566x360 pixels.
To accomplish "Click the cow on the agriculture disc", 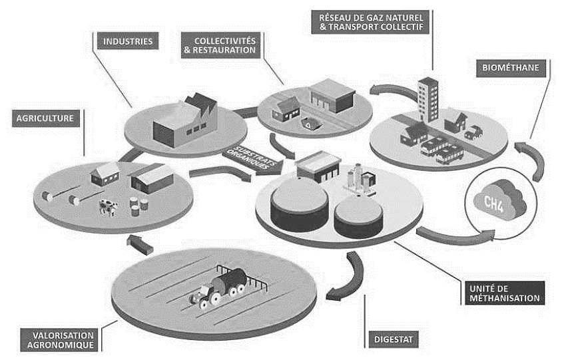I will click(x=106, y=208).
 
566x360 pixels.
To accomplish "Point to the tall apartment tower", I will click(x=427, y=99).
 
